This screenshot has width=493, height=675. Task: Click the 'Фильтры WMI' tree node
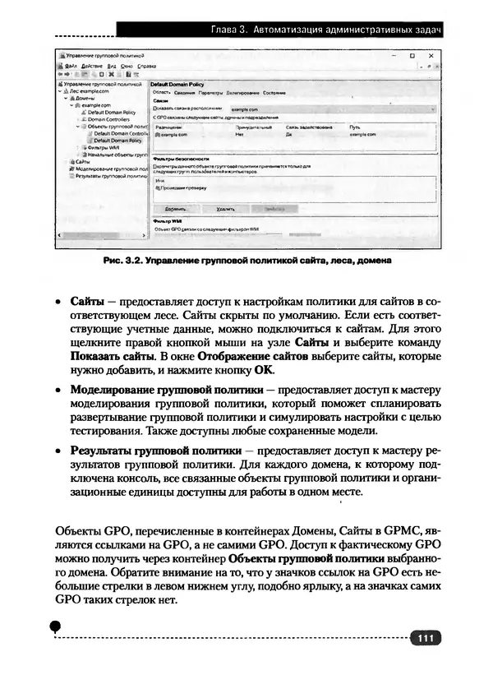(x=103, y=148)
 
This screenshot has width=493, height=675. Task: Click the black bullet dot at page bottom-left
(x=55, y=626)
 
